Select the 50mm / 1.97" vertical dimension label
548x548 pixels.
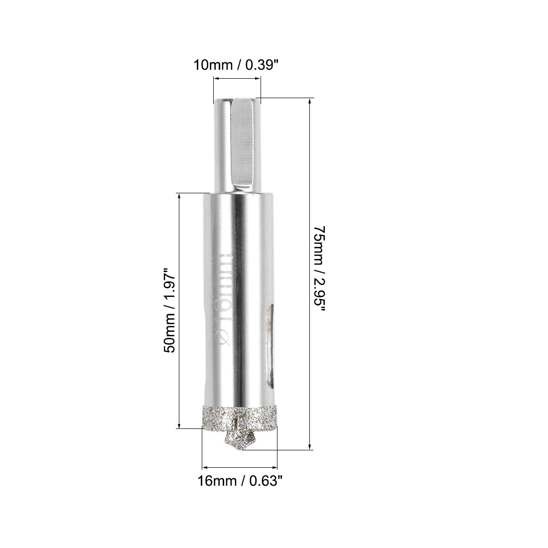coord(169,311)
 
